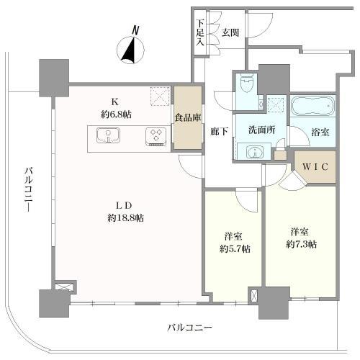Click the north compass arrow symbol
tap(130, 51)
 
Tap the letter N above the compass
tap(134, 30)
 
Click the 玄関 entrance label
tap(231, 33)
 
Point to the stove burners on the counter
tap(154, 136)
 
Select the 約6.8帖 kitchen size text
tap(116, 114)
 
